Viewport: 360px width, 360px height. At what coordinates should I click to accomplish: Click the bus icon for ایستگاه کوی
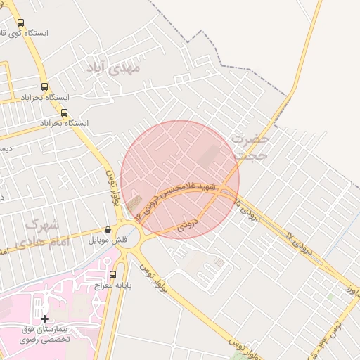(x=19, y=22)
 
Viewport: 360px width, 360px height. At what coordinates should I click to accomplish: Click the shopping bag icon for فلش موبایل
(x=108, y=229)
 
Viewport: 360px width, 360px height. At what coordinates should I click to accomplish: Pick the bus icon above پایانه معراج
(x=112, y=274)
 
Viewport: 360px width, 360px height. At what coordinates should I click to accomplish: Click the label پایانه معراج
(x=112, y=286)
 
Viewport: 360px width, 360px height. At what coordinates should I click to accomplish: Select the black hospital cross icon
(x=45, y=319)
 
